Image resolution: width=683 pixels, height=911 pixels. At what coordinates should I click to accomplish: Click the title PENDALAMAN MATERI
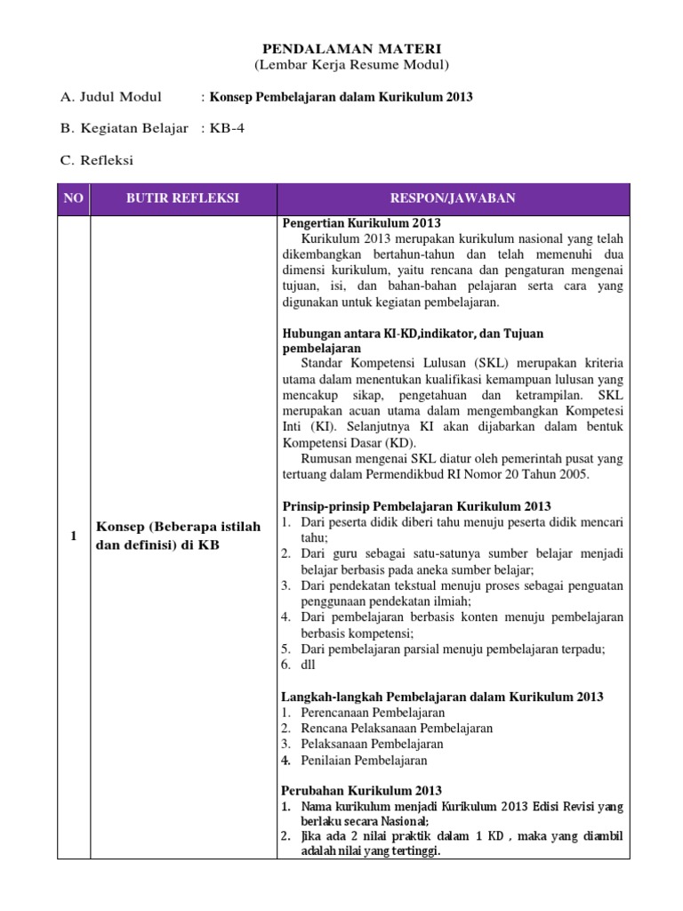(x=341, y=48)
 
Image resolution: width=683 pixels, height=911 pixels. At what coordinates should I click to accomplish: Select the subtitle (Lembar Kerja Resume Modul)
(x=341, y=66)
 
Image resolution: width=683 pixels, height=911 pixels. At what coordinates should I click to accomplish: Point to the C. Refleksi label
(x=98, y=160)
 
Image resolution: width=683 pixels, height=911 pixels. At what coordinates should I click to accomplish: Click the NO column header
(x=73, y=198)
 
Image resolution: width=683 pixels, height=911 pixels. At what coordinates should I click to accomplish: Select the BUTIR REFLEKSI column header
(x=181, y=198)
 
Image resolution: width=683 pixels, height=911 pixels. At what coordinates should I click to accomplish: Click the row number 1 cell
(x=73, y=536)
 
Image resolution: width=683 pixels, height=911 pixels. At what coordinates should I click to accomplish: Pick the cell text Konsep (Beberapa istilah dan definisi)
(x=178, y=536)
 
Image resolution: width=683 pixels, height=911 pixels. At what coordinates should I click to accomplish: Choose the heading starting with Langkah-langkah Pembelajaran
(x=442, y=697)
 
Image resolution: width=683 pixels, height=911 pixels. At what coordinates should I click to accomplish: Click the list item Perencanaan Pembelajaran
(x=373, y=713)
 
